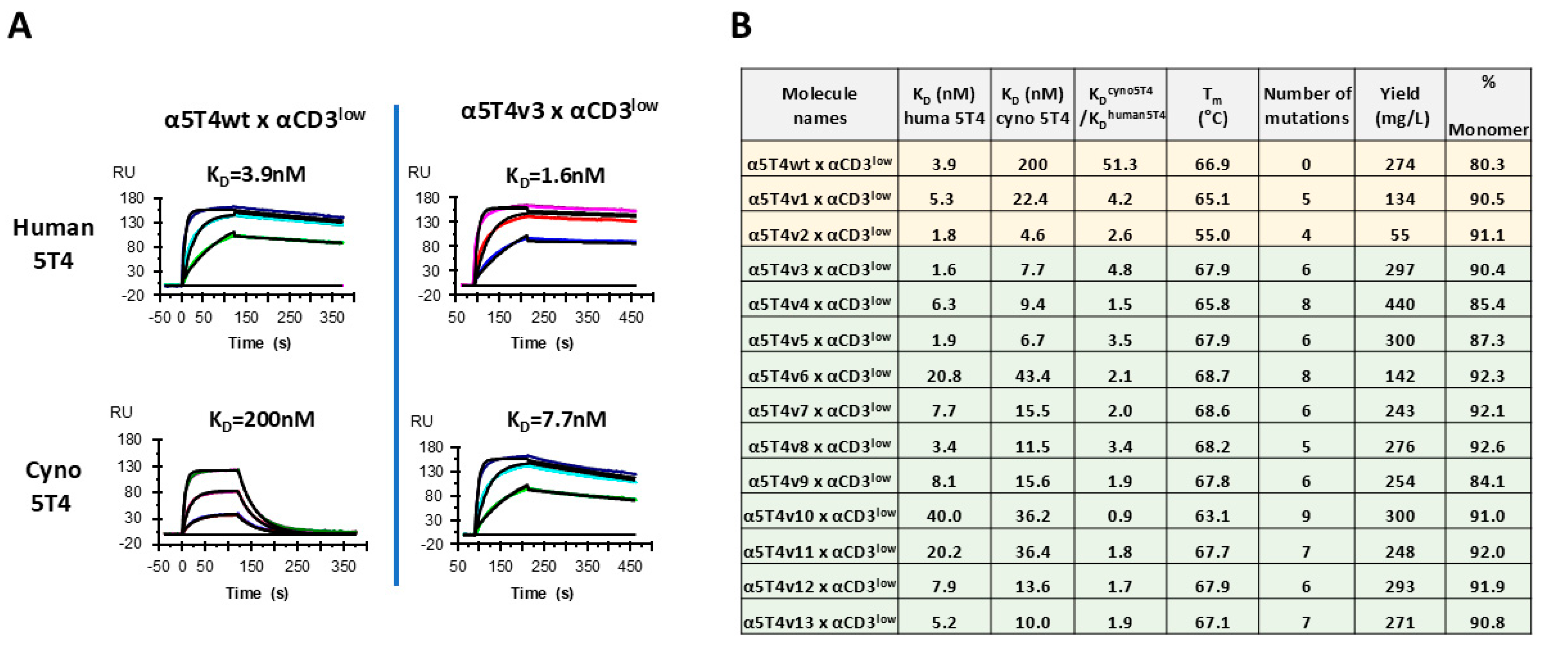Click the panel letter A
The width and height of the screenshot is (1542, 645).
[19, 26]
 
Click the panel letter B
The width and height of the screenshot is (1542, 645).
[741, 26]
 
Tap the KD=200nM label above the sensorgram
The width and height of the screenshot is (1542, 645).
[262, 420]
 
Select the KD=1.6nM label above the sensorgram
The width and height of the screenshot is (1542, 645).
[555, 176]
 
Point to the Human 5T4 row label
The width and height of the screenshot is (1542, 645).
[53, 244]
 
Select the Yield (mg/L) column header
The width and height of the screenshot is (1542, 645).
[1400, 105]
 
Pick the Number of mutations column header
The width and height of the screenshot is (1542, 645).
[1307, 105]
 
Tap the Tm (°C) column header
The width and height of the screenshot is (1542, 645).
[1212, 105]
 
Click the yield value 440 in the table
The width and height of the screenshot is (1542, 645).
[1400, 304]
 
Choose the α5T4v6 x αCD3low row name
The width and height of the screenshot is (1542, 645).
[819, 375]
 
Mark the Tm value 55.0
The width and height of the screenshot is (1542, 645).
[1212, 235]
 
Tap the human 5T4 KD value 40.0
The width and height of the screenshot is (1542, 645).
[943, 516]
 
